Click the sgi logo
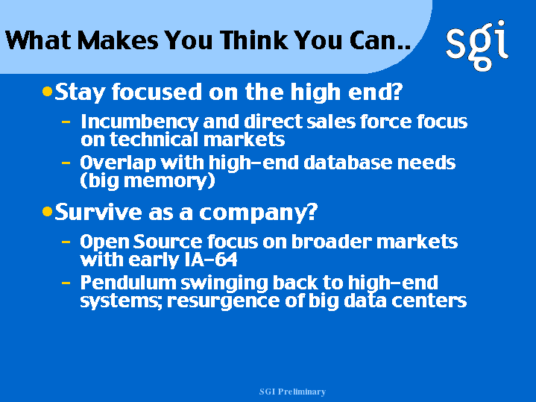click(x=477, y=45)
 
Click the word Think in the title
click(x=253, y=40)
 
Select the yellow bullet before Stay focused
click(x=47, y=91)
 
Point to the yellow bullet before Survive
click(x=47, y=211)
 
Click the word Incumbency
click(x=139, y=122)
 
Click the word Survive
click(x=98, y=212)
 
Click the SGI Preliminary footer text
click(x=292, y=392)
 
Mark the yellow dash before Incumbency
click(x=66, y=121)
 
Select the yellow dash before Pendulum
click(x=66, y=283)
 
